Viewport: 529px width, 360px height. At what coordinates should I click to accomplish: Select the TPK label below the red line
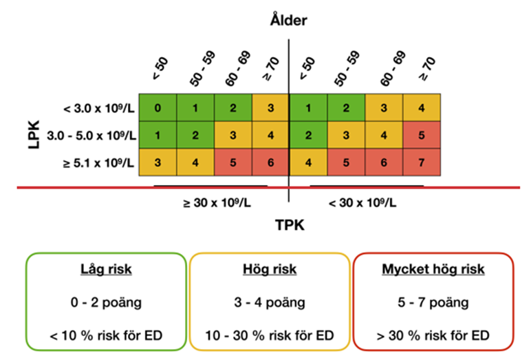[x=289, y=224]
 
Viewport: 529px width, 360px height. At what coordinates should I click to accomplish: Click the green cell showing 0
[x=158, y=108]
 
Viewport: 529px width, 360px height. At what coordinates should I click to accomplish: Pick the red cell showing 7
[x=422, y=162]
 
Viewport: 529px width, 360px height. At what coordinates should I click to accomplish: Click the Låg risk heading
[x=106, y=270]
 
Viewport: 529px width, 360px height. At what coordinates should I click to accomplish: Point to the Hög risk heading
[x=269, y=270]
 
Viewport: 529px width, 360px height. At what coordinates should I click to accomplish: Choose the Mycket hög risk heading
[x=433, y=270]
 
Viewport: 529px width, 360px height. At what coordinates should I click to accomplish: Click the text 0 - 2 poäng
[x=106, y=302]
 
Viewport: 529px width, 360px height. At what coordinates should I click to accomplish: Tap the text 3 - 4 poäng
[x=269, y=302]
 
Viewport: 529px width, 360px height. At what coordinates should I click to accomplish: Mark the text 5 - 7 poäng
[x=433, y=302]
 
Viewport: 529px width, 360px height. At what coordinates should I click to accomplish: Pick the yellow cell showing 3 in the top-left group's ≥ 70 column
[x=270, y=108]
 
